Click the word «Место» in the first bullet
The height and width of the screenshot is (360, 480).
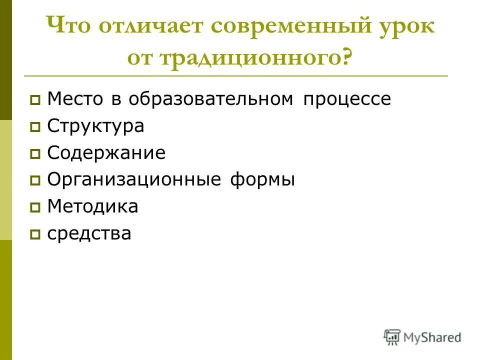[76, 99]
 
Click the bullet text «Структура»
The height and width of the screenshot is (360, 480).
[95, 126]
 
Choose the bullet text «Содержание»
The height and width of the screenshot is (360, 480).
[106, 153]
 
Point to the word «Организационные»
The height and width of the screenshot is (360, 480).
[133, 180]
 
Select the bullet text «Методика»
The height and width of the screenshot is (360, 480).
[92, 206]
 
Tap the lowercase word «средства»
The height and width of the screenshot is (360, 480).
[89, 233]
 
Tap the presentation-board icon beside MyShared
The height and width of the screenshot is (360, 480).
[392, 336]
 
